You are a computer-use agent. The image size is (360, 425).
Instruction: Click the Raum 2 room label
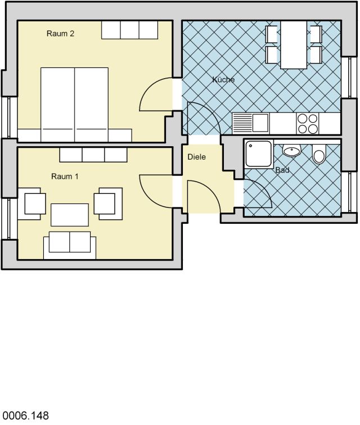(x=60, y=34)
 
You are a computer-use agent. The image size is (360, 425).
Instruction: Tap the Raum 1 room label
(x=65, y=177)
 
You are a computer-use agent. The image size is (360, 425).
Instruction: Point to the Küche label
(x=223, y=80)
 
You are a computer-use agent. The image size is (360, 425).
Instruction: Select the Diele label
(x=197, y=157)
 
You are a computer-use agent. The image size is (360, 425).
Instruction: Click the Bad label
(x=282, y=170)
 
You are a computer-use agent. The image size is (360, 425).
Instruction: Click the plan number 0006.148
(x=25, y=415)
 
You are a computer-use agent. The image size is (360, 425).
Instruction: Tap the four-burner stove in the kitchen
(x=308, y=124)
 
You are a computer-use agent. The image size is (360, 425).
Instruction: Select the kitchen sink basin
(x=260, y=123)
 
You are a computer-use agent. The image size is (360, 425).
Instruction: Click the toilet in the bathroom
(x=319, y=153)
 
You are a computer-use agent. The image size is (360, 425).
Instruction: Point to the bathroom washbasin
(x=291, y=151)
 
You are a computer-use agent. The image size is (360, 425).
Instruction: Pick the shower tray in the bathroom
(x=259, y=153)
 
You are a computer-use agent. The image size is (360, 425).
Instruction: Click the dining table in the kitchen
(x=294, y=45)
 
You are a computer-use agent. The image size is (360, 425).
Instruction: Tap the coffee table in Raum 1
(x=70, y=215)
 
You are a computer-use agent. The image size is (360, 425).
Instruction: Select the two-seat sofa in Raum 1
(x=70, y=245)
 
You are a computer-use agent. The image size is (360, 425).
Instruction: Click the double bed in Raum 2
(x=75, y=105)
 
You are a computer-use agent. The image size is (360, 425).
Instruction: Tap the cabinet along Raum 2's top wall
(x=130, y=30)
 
